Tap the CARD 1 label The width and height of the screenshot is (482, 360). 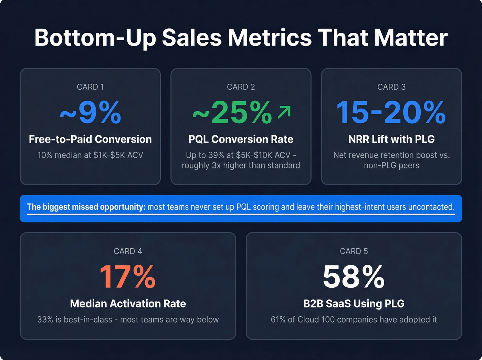point(90,87)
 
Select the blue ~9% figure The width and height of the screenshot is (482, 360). point(90,113)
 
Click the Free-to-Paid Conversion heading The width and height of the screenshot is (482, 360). point(90,139)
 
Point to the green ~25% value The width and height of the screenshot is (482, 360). point(232,113)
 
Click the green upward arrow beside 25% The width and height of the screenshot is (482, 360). point(284,112)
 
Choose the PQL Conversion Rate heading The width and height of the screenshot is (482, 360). point(241,139)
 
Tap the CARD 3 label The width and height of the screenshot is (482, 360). point(391,87)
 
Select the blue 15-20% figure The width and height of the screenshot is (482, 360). point(391,113)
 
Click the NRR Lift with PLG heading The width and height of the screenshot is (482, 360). point(391,139)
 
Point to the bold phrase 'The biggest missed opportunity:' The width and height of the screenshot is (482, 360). point(86,207)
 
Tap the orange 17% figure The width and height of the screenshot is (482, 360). point(128,277)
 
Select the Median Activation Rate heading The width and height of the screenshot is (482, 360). point(128,304)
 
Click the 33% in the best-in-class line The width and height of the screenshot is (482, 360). point(45,320)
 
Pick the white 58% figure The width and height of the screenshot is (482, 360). point(354,277)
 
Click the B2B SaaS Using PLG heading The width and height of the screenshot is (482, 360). point(354,304)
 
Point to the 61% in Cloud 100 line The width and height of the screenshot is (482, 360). point(278,320)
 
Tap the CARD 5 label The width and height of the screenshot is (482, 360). point(354,251)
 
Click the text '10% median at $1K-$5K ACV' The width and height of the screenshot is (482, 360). point(90,155)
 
